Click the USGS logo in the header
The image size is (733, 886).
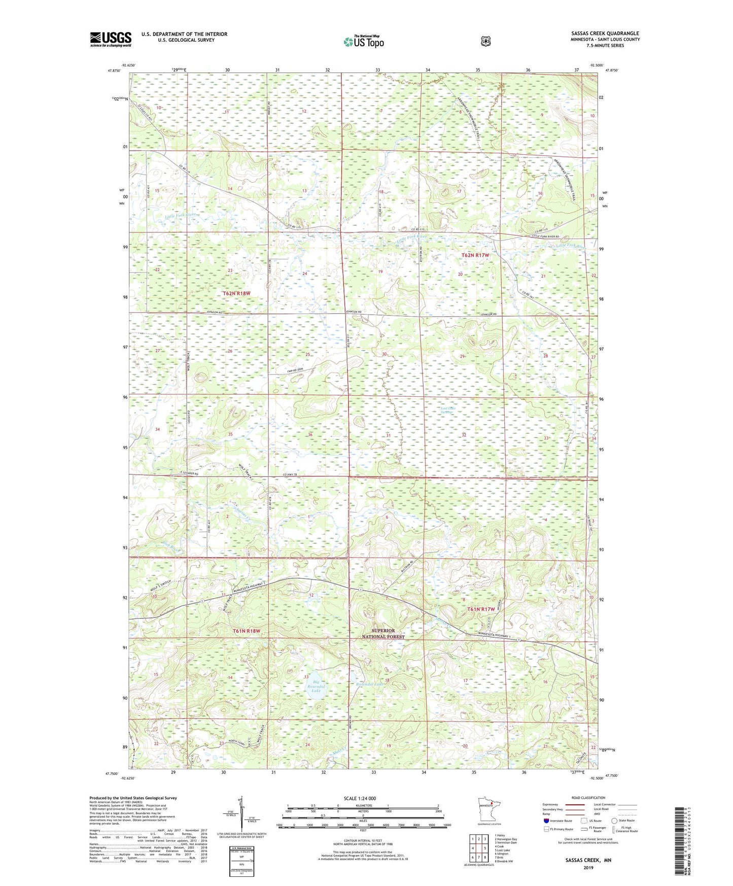[111, 39]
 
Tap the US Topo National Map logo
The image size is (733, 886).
[363, 42]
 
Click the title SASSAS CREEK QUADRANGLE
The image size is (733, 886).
[605, 33]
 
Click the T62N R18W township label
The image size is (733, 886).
[236, 293]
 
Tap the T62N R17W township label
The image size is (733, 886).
[475, 255]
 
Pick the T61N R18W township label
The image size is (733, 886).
[246, 631]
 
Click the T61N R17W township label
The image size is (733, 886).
[480, 609]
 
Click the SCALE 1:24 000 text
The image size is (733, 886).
[360, 798]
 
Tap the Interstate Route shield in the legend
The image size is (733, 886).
[546, 820]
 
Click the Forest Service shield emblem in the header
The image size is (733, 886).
[485, 41]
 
